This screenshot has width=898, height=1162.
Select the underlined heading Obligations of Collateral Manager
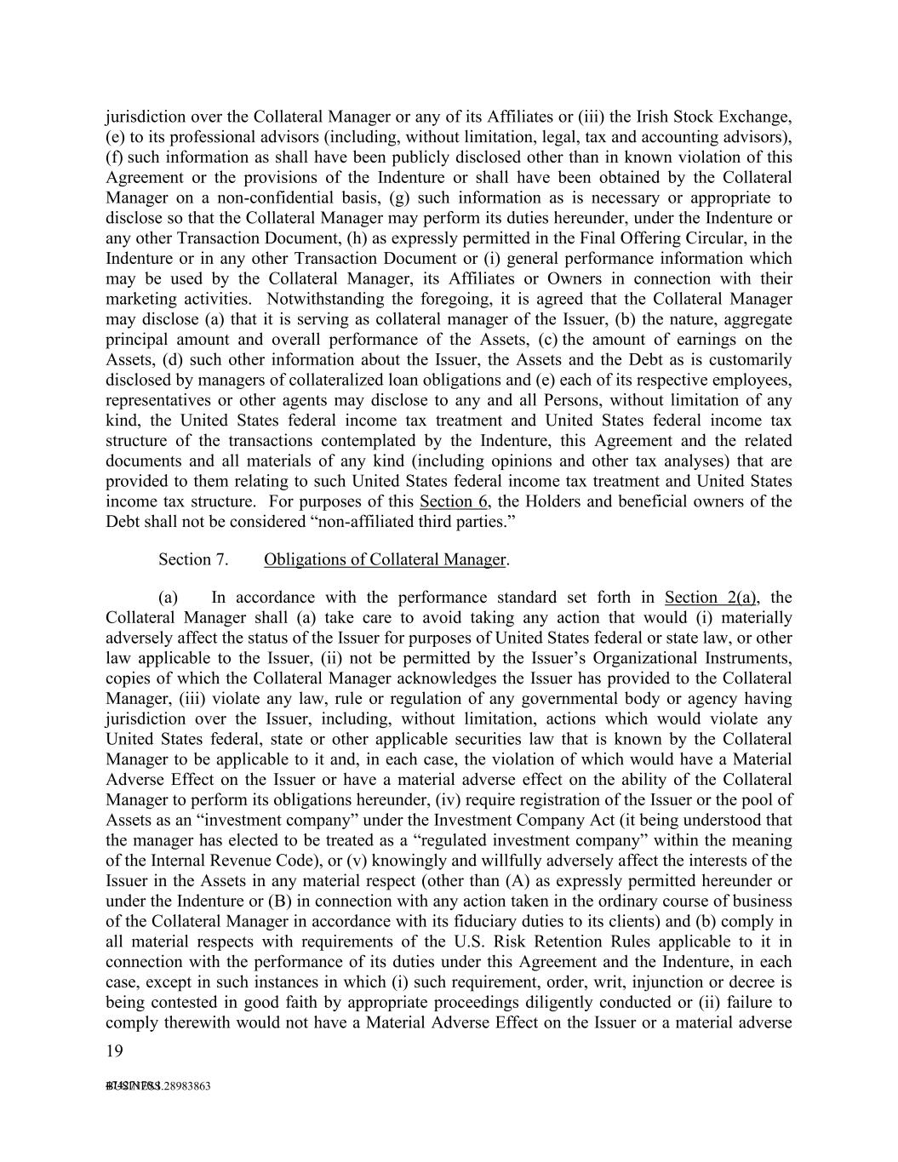pos(385,559)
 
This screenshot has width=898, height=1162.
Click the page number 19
pos(114,1051)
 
